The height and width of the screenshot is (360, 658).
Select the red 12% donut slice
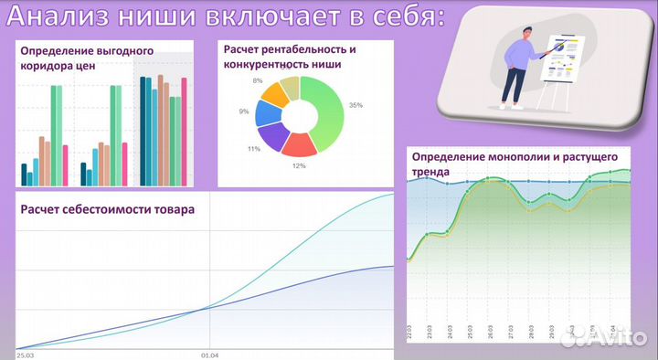[298, 144]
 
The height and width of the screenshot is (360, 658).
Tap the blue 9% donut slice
[266, 112]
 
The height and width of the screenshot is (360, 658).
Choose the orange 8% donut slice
[273, 92]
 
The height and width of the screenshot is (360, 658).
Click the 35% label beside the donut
[356, 105]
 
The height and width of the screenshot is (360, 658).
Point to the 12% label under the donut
[299, 165]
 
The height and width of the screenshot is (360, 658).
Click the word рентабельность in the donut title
[303, 49]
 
